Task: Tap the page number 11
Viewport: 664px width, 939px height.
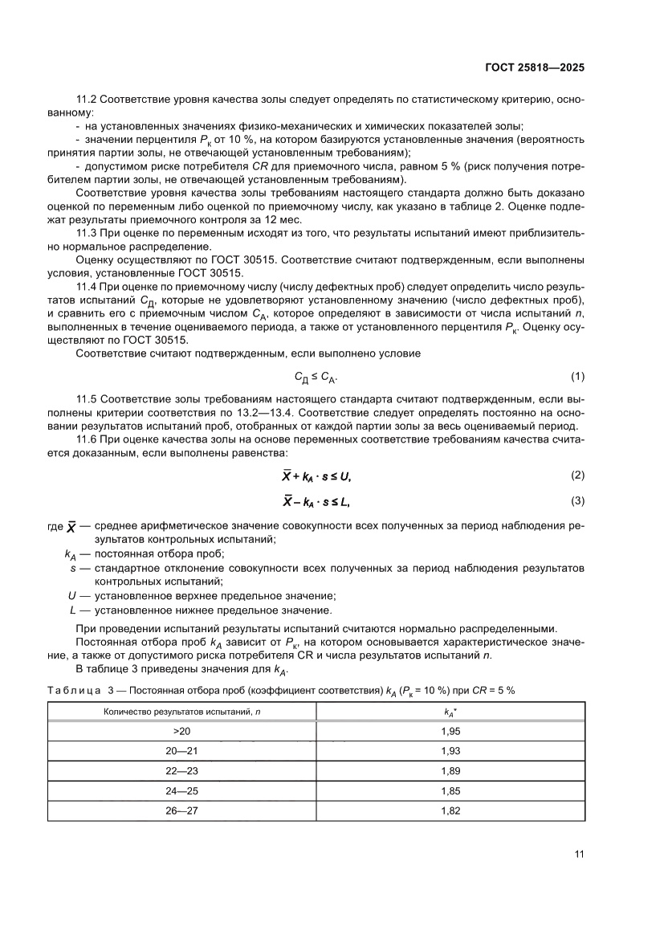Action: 578,854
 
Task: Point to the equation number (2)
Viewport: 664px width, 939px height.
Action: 577,476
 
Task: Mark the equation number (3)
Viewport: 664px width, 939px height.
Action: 577,501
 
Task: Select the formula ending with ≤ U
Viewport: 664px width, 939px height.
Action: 316,476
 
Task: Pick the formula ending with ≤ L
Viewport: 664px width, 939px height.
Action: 316,502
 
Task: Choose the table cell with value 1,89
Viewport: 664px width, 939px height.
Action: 450,770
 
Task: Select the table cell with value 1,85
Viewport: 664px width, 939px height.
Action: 450,791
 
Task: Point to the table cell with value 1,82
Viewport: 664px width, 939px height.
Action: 450,811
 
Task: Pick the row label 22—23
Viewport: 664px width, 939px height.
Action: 181,770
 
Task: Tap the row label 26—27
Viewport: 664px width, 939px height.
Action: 181,811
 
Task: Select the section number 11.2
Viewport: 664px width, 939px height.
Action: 87,99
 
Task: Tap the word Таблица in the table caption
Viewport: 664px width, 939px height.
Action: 72,690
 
